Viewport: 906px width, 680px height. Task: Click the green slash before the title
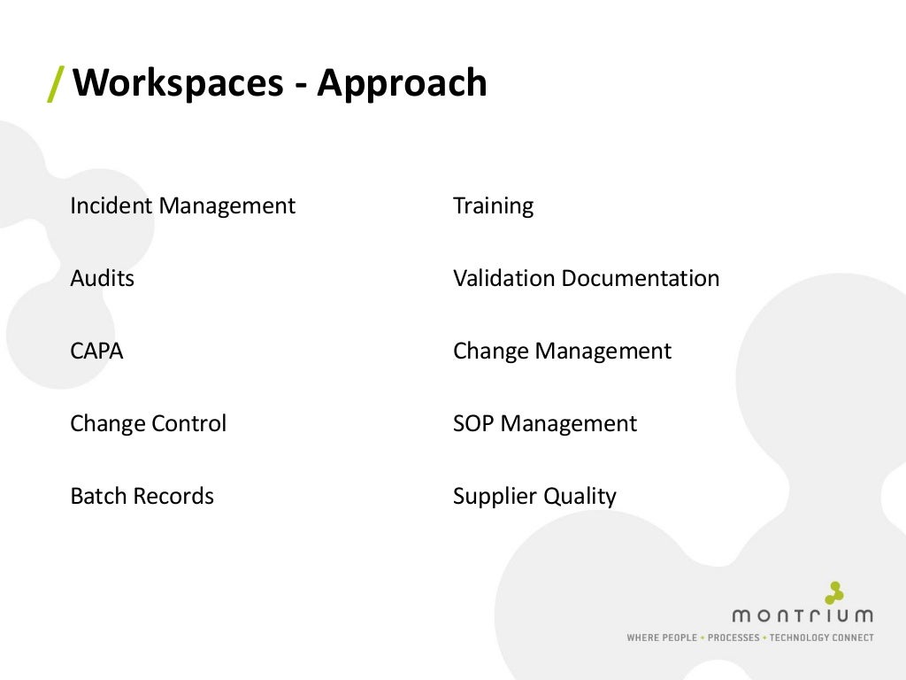coord(56,83)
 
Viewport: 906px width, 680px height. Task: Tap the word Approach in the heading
coord(402,83)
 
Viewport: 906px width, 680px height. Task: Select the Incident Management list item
coord(182,206)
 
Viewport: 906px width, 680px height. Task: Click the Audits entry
coord(102,279)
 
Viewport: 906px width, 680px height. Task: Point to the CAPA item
coord(96,352)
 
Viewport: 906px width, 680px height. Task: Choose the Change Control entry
coord(148,424)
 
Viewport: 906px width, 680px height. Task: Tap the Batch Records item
coord(142,497)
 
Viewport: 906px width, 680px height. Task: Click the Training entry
coord(493,206)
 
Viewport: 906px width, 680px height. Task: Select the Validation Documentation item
coord(586,279)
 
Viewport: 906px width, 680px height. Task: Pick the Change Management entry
coord(562,352)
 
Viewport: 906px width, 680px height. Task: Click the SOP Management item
coord(544,424)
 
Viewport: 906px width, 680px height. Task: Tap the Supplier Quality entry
coord(534,497)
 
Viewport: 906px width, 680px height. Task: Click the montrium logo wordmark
coord(802,615)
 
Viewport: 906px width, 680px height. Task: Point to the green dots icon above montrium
coord(833,592)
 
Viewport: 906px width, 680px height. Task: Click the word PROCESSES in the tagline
coord(733,637)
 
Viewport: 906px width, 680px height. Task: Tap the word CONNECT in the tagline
coord(854,637)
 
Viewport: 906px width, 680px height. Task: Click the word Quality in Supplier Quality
coord(580,497)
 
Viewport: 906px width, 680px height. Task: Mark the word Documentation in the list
coord(640,279)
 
